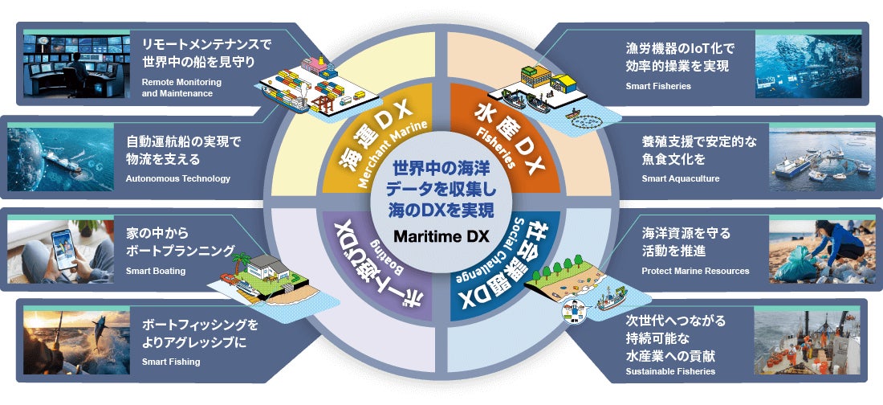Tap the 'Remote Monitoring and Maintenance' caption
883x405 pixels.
click(181, 88)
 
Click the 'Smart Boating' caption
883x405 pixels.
click(156, 271)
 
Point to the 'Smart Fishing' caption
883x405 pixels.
click(171, 362)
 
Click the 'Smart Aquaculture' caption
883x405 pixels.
click(681, 178)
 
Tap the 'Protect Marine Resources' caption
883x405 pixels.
click(695, 272)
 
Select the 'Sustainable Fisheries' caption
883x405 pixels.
click(670, 372)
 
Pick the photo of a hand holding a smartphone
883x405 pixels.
click(61, 250)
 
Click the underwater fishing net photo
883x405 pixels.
click(808, 65)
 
